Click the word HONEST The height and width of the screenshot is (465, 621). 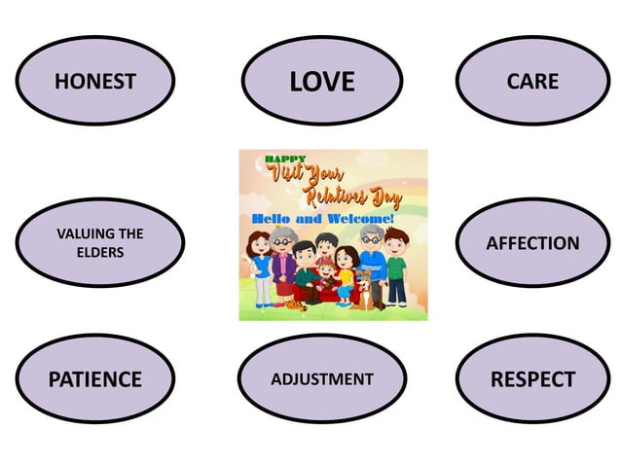[x=94, y=82]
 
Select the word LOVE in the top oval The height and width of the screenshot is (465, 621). [x=321, y=82]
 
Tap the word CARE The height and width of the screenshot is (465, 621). [x=532, y=81]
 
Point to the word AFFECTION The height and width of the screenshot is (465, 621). [x=532, y=243]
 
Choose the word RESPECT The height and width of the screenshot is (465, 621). [x=532, y=379]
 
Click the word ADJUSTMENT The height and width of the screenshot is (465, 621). [x=321, y=378]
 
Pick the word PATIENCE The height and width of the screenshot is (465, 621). [x=94, y=379]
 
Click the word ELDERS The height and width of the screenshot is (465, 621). [x=100, y=253]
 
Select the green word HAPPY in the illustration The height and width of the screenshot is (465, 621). [x=285, y=159]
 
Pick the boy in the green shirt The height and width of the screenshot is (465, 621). [x=395, y=268]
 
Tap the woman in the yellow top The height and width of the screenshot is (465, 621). [x=345, y=272]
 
